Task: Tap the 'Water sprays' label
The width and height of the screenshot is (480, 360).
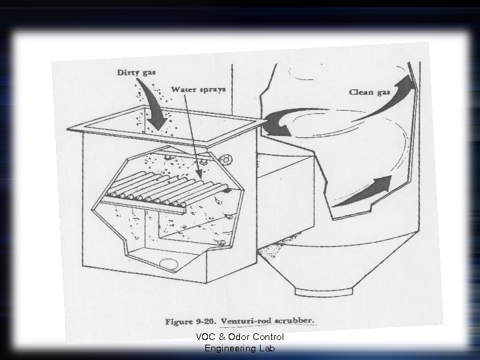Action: click(198, 89)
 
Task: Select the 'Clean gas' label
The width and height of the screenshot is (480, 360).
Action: click(369, 91)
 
